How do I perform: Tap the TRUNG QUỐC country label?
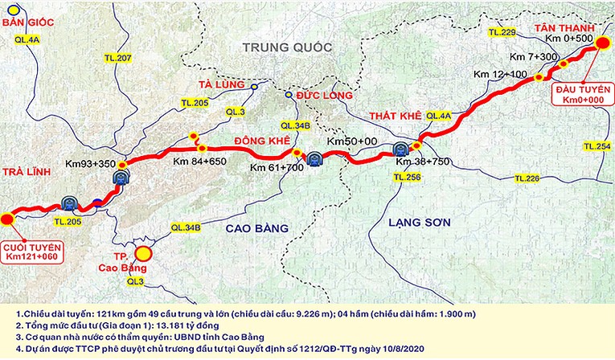coord(288,48)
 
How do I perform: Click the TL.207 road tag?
coord(117,59)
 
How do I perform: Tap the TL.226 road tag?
coord(527,177)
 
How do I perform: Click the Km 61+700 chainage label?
coord(276,167)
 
